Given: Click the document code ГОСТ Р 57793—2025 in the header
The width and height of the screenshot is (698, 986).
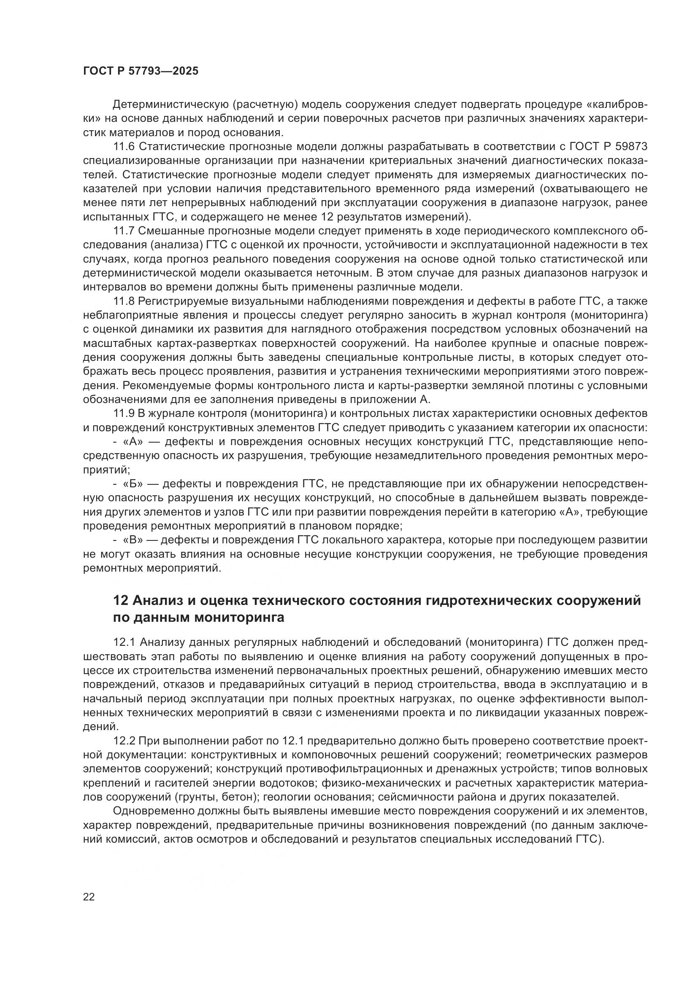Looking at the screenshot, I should click(x=141, y=71).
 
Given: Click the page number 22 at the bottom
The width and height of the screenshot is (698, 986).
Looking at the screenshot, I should click(x=89, y=897).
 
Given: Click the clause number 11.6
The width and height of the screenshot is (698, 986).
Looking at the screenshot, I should click(x=124, y=147).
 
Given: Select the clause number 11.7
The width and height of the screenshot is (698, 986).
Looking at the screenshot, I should click(x=124, y=231).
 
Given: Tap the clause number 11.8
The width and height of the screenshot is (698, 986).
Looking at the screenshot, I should click(x=124, y=301).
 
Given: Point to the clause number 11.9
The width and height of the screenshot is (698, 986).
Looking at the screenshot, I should click(x=124, y=414).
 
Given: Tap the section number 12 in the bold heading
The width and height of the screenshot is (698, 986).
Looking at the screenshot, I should click(x=120, y=600).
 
